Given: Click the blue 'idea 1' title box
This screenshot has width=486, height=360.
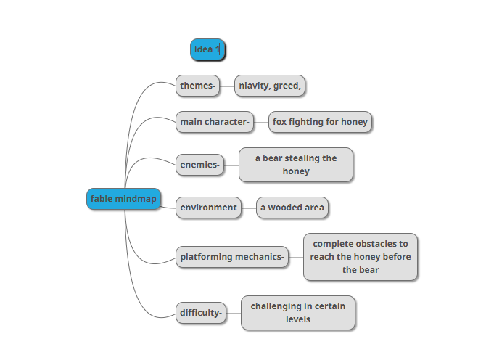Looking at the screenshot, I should coord(207,49).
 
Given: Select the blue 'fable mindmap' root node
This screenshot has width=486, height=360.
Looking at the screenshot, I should coord(123,199).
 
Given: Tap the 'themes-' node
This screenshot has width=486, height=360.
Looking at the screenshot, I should coord(197,86).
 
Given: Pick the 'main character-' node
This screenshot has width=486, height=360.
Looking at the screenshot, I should coord(215,122).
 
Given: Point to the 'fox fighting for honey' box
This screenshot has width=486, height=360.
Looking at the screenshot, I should coord(320,122).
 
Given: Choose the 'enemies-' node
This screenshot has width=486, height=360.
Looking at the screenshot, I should coord(199,165).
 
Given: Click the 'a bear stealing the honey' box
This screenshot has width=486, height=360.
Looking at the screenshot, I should coord(296,165).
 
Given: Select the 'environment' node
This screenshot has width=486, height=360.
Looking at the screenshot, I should coord(209,208).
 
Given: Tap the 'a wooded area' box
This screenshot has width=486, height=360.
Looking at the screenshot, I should coord(292,208).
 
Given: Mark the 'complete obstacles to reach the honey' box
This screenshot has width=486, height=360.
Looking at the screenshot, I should coord(361,257).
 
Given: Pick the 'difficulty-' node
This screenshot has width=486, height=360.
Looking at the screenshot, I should coord(201,313).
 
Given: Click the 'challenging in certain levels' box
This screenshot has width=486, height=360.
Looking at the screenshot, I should coord(298,313).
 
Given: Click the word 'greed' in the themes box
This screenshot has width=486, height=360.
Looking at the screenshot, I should coord(286,86).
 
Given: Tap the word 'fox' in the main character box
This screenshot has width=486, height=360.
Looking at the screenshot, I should coord(279,122).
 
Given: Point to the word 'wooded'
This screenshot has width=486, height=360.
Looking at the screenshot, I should coord(286,208).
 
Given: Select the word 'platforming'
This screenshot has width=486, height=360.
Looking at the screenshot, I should coord(207,257).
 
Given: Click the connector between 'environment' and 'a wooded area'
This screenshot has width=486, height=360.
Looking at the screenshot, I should coord(249,208).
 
